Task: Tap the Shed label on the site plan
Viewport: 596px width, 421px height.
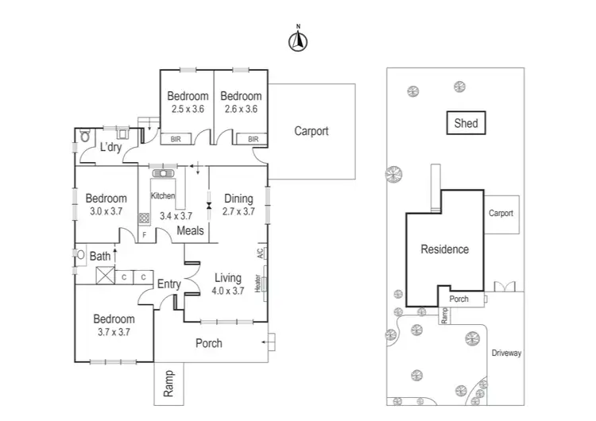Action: click(466, 123)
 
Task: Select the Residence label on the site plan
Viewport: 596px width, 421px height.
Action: click(444, 249)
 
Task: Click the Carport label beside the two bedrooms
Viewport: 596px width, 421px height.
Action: click(311, 132)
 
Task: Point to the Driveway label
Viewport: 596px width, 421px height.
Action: click(505, 353)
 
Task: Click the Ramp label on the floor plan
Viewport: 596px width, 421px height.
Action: click(168, 384)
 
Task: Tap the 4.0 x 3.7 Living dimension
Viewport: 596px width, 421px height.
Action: click(227, 291)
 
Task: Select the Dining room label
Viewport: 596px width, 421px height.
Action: click(238, 199)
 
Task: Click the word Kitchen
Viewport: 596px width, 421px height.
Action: click(163, 195)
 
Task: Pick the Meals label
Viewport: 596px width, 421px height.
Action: click(190, 231)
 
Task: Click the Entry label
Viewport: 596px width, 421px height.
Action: click(168, 284)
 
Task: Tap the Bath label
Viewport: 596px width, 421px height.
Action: click(100, 257)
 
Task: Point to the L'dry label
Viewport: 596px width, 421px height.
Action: click(110, 147)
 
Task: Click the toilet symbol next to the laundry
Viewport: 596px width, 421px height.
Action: click(85, 137)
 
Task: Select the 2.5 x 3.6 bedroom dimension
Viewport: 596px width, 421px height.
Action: click(188, 109)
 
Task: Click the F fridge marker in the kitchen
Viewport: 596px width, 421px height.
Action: click(144, 235)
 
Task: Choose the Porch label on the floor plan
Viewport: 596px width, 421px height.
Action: click(208, 343)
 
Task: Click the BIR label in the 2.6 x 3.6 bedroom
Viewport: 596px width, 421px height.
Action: click(253, 139)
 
